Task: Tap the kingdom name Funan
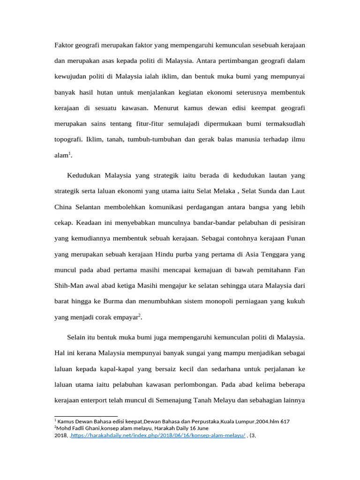[x=296, y=238]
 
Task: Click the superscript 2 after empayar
[x=139, y=315]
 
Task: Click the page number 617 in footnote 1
[x=285, y=421]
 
